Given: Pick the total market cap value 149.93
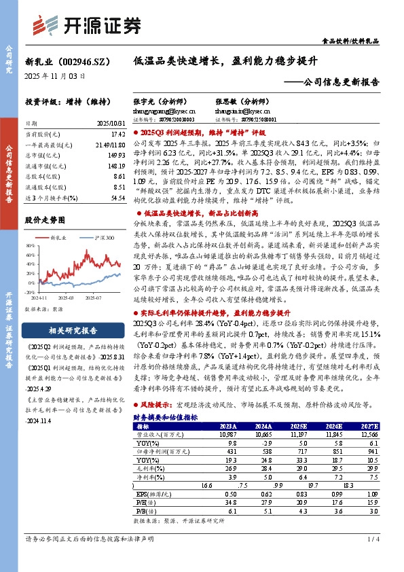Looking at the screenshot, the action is point(116,154).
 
